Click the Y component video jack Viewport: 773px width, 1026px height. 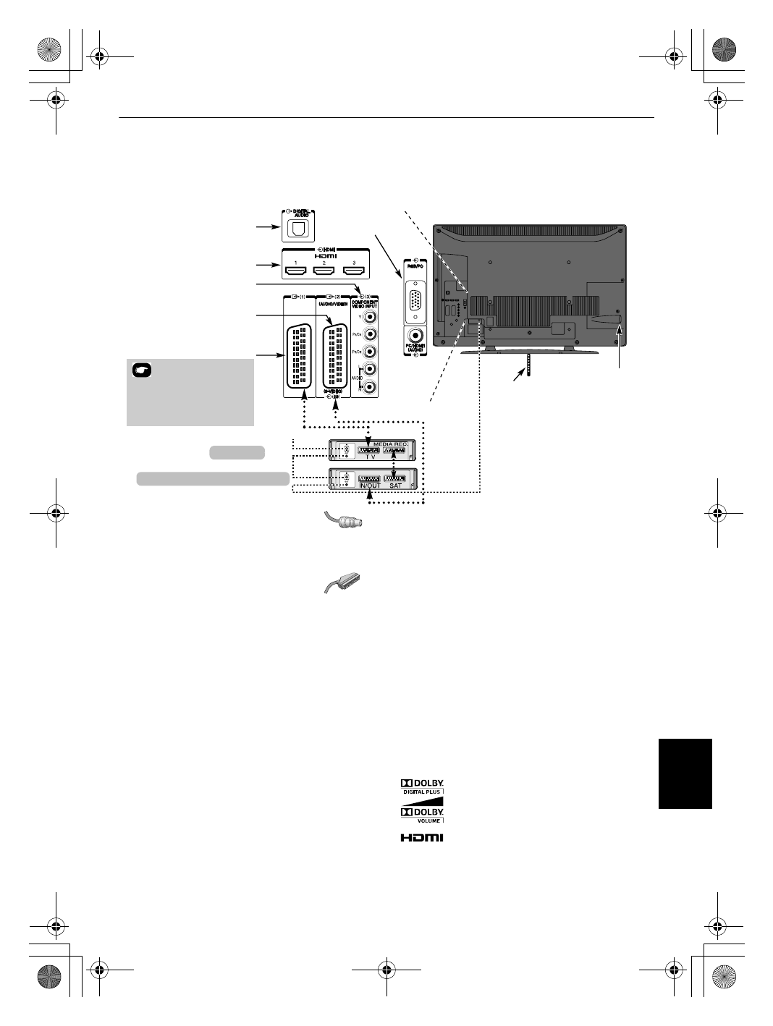[x=370, y=316]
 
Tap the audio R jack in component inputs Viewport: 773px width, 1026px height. [x=370, y=388]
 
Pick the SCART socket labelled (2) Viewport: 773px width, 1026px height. [x=334, y=355]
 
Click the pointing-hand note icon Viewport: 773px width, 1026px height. [x=142, y=370]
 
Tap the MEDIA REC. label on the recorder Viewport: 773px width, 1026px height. [x=391, y=443]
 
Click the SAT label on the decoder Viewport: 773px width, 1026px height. [x=395, y=486]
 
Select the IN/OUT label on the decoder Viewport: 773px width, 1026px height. [x=368, y=486]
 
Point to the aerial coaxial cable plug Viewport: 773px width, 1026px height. [x=342, y=521]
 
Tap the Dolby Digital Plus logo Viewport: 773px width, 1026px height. [x=422, y=787]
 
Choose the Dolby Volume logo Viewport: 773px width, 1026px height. [x=422, y=815]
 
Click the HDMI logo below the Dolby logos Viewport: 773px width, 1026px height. [x=422, y=838]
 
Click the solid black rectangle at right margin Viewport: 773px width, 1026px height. [x=685, y=773]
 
